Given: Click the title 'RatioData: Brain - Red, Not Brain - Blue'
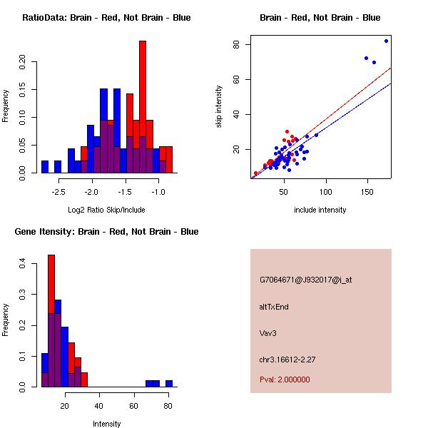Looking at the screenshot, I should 106,18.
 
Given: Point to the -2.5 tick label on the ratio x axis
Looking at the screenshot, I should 58,192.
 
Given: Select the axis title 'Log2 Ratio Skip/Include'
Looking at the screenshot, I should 106,210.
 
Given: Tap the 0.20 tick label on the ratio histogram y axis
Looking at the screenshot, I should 22,61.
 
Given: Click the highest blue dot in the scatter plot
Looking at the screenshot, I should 387,41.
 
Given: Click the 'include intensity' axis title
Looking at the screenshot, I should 320,210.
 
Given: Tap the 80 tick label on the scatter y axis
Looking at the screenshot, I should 236,44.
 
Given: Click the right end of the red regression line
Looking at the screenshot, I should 392,68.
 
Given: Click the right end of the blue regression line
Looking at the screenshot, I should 392,83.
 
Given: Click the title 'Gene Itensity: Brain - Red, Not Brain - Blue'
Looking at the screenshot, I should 106,232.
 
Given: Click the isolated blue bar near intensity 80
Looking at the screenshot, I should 169,383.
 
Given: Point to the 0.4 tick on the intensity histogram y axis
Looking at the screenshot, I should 22,264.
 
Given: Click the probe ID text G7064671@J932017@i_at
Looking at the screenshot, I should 305,280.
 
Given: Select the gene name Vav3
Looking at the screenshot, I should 268,332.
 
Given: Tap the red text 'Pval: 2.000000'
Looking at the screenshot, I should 285,379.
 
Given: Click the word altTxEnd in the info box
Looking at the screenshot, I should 274,307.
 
